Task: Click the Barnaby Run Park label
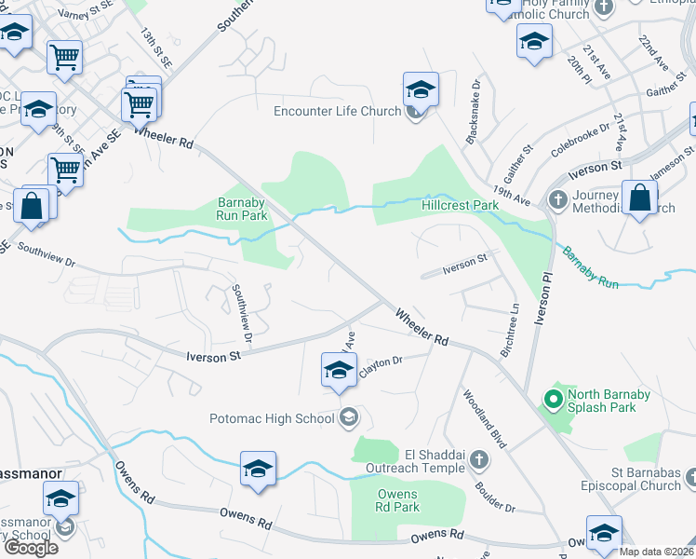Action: coord(242,209)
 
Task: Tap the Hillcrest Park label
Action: coord(460,205)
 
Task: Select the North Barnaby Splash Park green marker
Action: coord(552,401)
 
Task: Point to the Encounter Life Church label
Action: coord(337,112)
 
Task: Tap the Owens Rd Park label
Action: coord(398,500)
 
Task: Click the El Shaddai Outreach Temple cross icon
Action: coord(478,459)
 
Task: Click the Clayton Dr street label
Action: coord(381,361)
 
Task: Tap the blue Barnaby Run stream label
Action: coord(589,266)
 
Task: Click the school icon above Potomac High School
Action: coord(339,370)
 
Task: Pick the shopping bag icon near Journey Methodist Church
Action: coord(640,198)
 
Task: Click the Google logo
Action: coord(31,547)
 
